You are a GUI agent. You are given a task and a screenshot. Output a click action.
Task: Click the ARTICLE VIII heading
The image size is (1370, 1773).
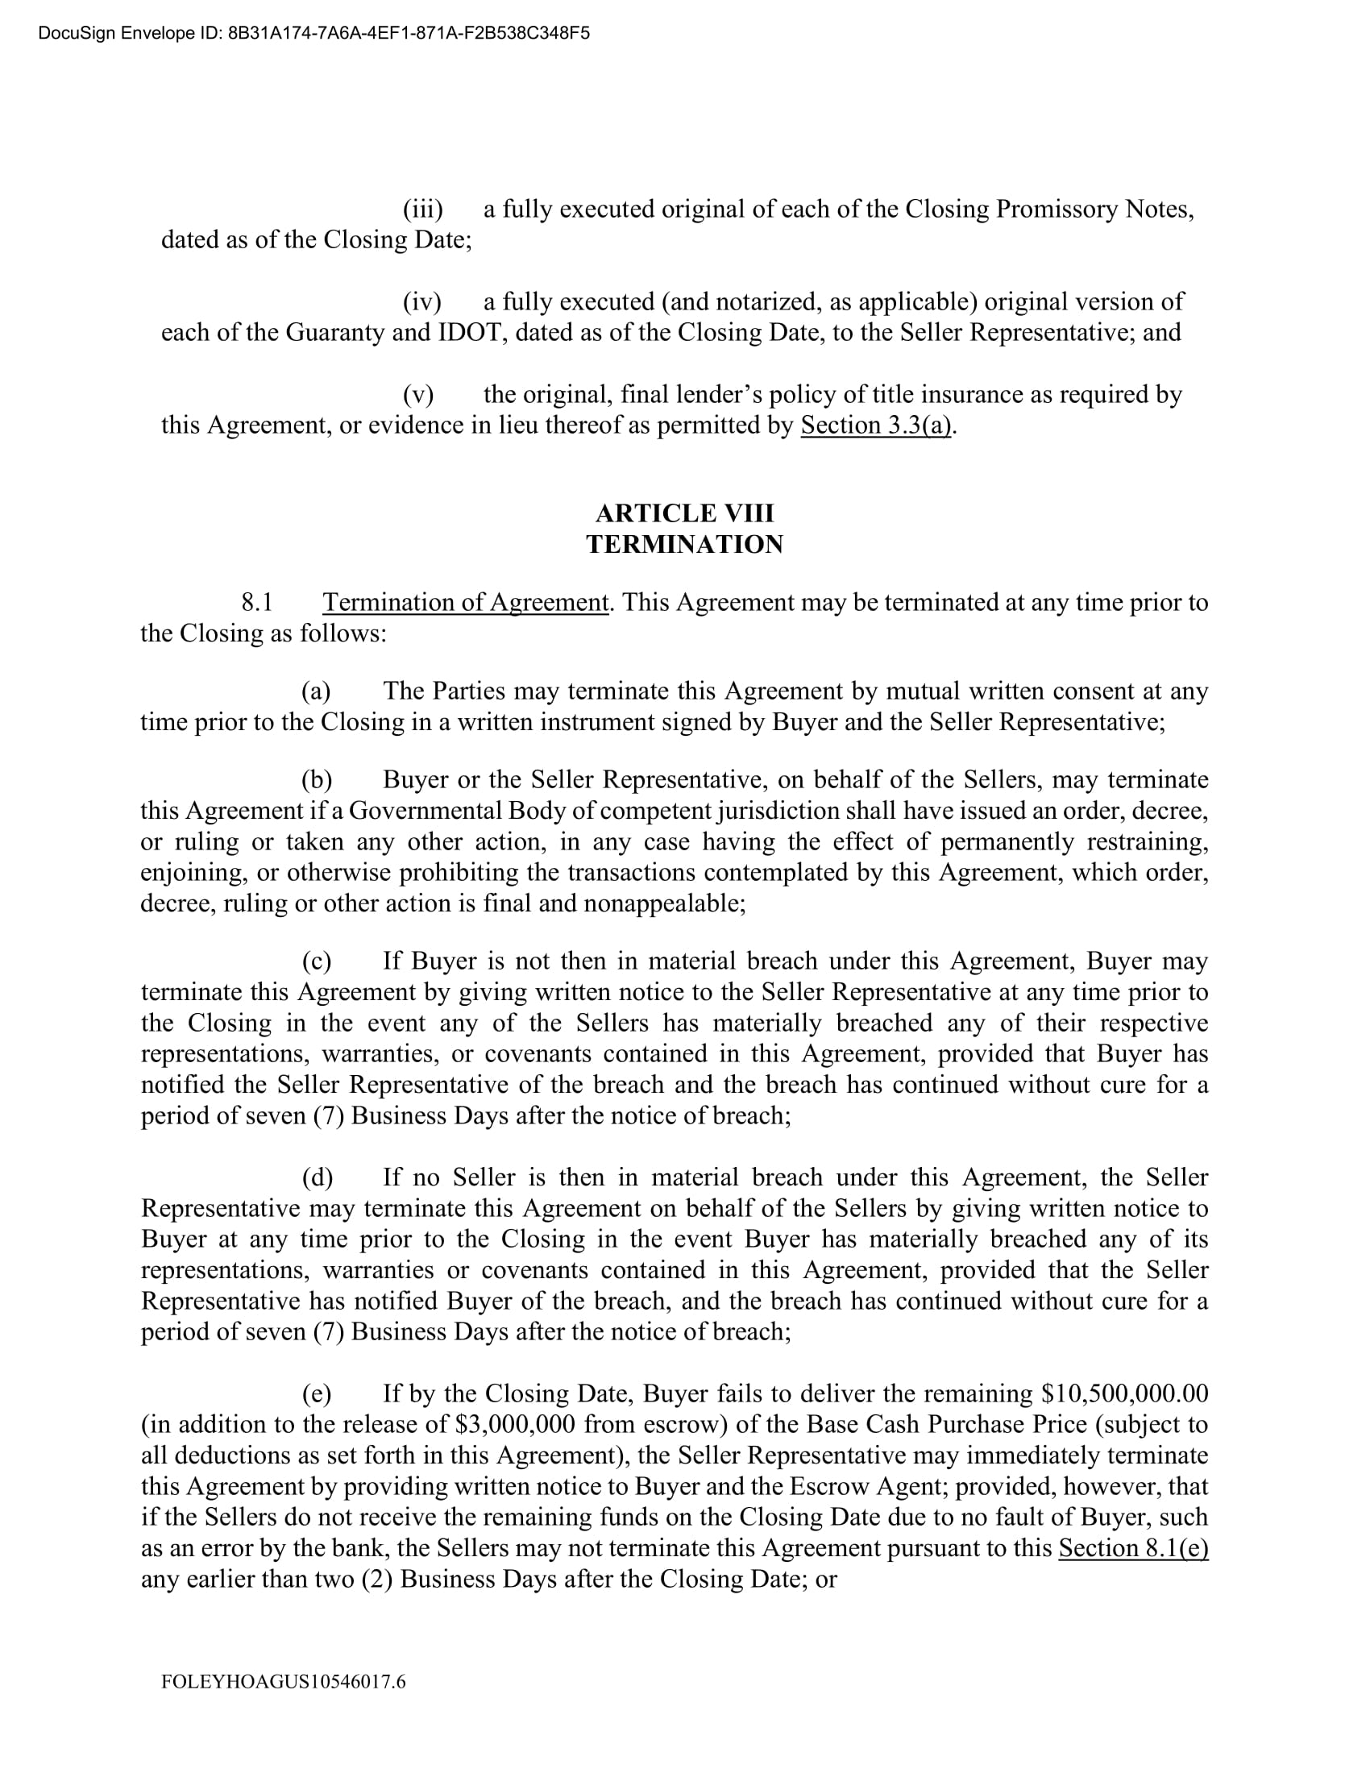click(684, 513)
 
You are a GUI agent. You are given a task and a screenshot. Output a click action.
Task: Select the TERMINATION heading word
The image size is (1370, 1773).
click(684, 544)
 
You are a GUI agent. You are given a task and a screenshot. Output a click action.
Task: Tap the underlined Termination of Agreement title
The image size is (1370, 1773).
click(465, 602)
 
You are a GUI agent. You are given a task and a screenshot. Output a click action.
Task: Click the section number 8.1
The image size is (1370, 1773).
click(256, 602)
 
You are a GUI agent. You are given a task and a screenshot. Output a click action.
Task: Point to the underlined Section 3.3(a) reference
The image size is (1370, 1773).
click(876, 426)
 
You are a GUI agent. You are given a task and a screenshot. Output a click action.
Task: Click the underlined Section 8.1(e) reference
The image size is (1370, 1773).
click(1133, 1548)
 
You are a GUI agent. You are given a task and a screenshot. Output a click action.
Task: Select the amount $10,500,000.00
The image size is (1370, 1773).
click(1125, 1394)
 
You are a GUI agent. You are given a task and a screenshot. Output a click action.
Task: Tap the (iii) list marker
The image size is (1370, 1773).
click(423, 210)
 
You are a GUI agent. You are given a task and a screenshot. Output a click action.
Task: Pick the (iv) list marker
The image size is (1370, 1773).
click(422, 302)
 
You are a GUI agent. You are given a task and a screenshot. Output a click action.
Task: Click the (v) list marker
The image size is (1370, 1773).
click(419, 395)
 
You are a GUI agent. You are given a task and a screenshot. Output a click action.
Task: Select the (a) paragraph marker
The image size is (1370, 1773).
click(316, 691)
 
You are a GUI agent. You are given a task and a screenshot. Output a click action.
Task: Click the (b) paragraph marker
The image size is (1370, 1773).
click(317, 780)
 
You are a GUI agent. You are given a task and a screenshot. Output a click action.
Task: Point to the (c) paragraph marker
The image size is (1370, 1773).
click(316, 961)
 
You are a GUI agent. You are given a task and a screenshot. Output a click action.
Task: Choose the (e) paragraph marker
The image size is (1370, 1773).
click(317, 1394)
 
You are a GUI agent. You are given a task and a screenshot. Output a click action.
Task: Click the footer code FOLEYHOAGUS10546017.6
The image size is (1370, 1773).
click(283, 1681)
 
